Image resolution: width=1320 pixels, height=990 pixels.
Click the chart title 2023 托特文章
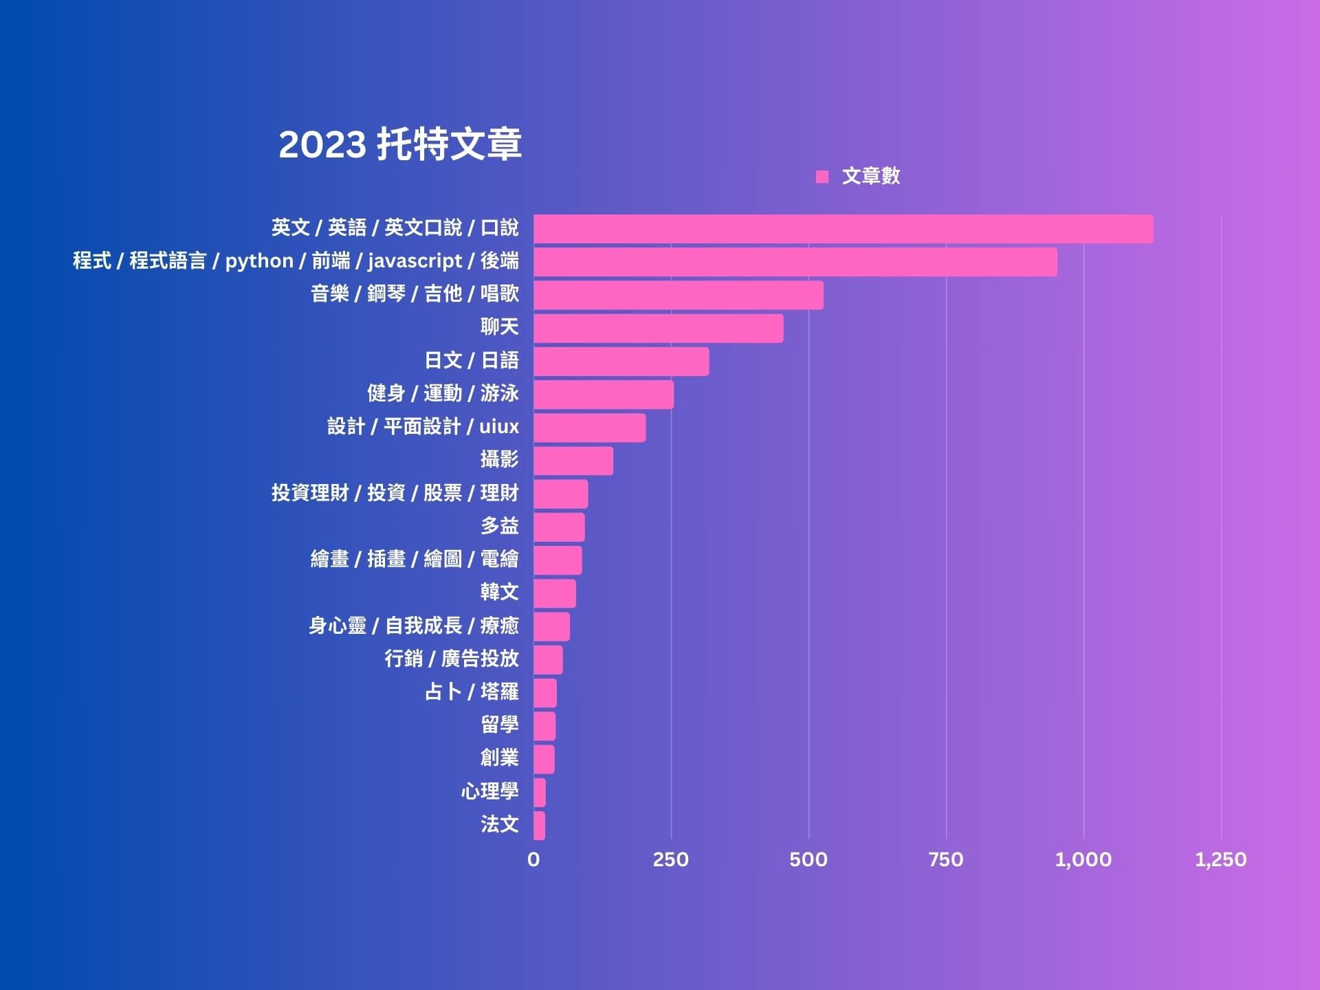pos(399,144)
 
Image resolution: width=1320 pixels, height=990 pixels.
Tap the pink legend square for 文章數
pos(822,177)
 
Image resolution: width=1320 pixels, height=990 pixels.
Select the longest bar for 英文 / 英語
pos(843,229)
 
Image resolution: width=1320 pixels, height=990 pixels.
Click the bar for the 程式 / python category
pos(795,262)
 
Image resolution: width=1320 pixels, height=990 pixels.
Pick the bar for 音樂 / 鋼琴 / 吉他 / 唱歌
pos(678,295)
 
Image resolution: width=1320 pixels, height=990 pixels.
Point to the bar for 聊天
pos(658,329)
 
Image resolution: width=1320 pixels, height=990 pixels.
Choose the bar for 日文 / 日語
pos(621,362)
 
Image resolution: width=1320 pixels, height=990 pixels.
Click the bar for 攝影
pos(573,461)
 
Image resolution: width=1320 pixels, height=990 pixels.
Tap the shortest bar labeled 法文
pos(539,826)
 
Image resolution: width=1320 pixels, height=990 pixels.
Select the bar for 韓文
pos(554,593)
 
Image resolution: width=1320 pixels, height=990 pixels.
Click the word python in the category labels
pos(259,261)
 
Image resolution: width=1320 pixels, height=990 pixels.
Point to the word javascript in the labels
pos(415,261)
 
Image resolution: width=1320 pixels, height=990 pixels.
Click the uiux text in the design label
pos(498,427)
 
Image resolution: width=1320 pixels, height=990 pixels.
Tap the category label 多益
pos(499,527)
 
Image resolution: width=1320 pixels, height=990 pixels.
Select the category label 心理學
pos(489,791)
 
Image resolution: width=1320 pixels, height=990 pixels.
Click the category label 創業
pos(499,758)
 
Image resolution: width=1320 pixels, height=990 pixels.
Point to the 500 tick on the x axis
pos(808,859)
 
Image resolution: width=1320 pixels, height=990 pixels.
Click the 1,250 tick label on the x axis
pos(1220,859)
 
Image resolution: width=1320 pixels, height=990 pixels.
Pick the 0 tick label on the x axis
pos(533,859)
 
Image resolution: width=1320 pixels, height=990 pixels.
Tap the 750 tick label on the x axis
pos(945,859)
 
